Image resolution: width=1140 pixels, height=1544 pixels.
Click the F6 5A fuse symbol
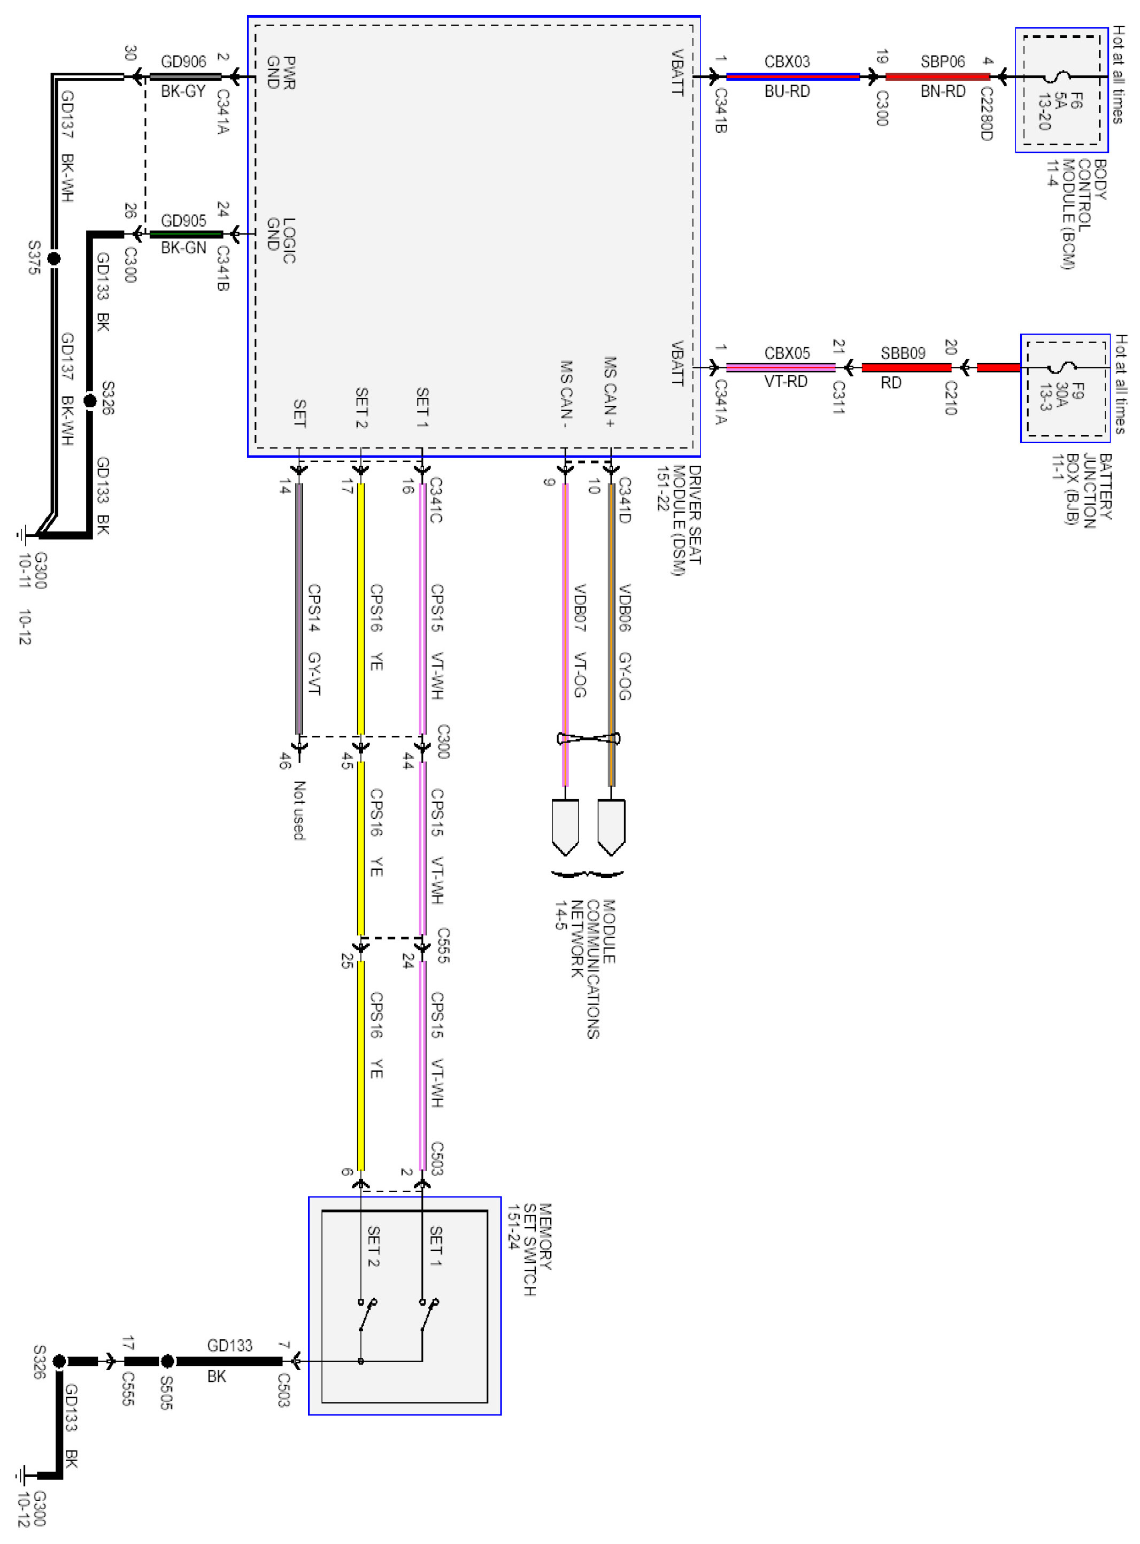coord(1061,76)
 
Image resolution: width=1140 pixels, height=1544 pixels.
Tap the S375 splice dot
coord(54,259)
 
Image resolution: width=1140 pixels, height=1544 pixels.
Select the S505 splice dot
coord(167,1361)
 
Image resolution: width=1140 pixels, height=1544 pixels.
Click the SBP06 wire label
coord(942,62)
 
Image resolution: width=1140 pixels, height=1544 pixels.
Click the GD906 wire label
coord(183,62)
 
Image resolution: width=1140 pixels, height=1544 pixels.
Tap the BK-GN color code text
coord(183,248)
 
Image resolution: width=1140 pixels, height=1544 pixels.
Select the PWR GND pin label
coord(281,73)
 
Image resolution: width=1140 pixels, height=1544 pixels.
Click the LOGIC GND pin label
coord(281,240)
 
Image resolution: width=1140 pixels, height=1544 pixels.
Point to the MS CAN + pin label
coord(610,392)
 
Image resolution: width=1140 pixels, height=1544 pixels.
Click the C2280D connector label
coord(986,114)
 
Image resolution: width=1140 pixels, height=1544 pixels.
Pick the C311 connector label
coord(838,397)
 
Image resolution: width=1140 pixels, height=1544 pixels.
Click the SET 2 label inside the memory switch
coord(373,1246)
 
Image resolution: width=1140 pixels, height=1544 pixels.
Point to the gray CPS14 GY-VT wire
coord(299,607)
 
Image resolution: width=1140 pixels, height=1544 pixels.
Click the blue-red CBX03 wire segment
coord(792,76)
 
